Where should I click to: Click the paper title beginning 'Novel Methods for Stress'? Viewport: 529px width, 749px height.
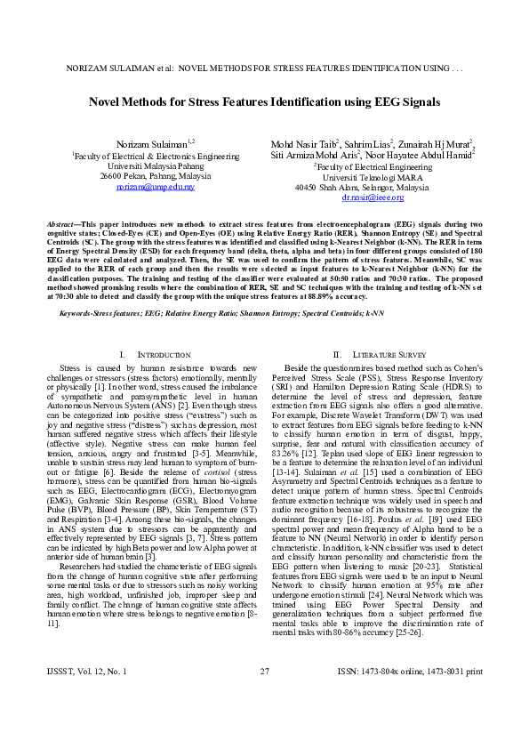(264, 102)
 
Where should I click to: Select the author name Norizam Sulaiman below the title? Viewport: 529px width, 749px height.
(145, 143)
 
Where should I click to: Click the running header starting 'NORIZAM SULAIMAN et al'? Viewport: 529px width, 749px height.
(264, 68)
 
